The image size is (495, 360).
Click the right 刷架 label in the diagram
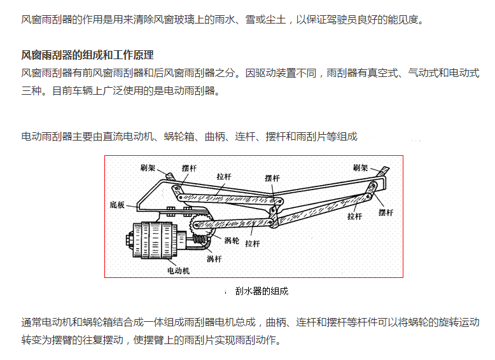coord(361,168)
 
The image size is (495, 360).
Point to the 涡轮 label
coord(232,240)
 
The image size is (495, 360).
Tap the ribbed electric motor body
coord(153,239)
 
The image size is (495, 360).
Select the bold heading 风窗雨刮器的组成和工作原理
coord(88,55)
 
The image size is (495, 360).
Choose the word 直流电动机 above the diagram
coord(132,136)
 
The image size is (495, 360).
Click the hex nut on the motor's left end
coord(128,242)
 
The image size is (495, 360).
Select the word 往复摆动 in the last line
coord(101,340)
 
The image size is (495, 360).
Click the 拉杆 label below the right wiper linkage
coord(354,216)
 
